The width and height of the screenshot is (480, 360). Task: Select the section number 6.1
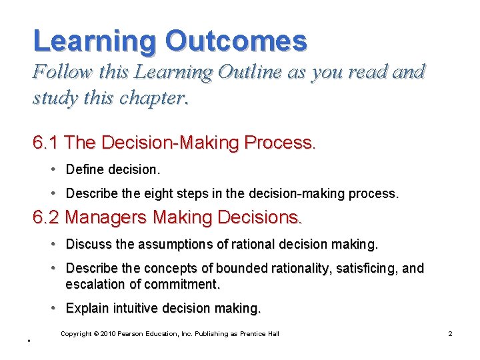coord(47,143)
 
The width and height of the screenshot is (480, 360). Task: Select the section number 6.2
coord(47,217)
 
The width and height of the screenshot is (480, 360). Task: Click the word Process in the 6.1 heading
coord(279,143)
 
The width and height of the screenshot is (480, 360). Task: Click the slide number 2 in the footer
coord(450,333)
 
